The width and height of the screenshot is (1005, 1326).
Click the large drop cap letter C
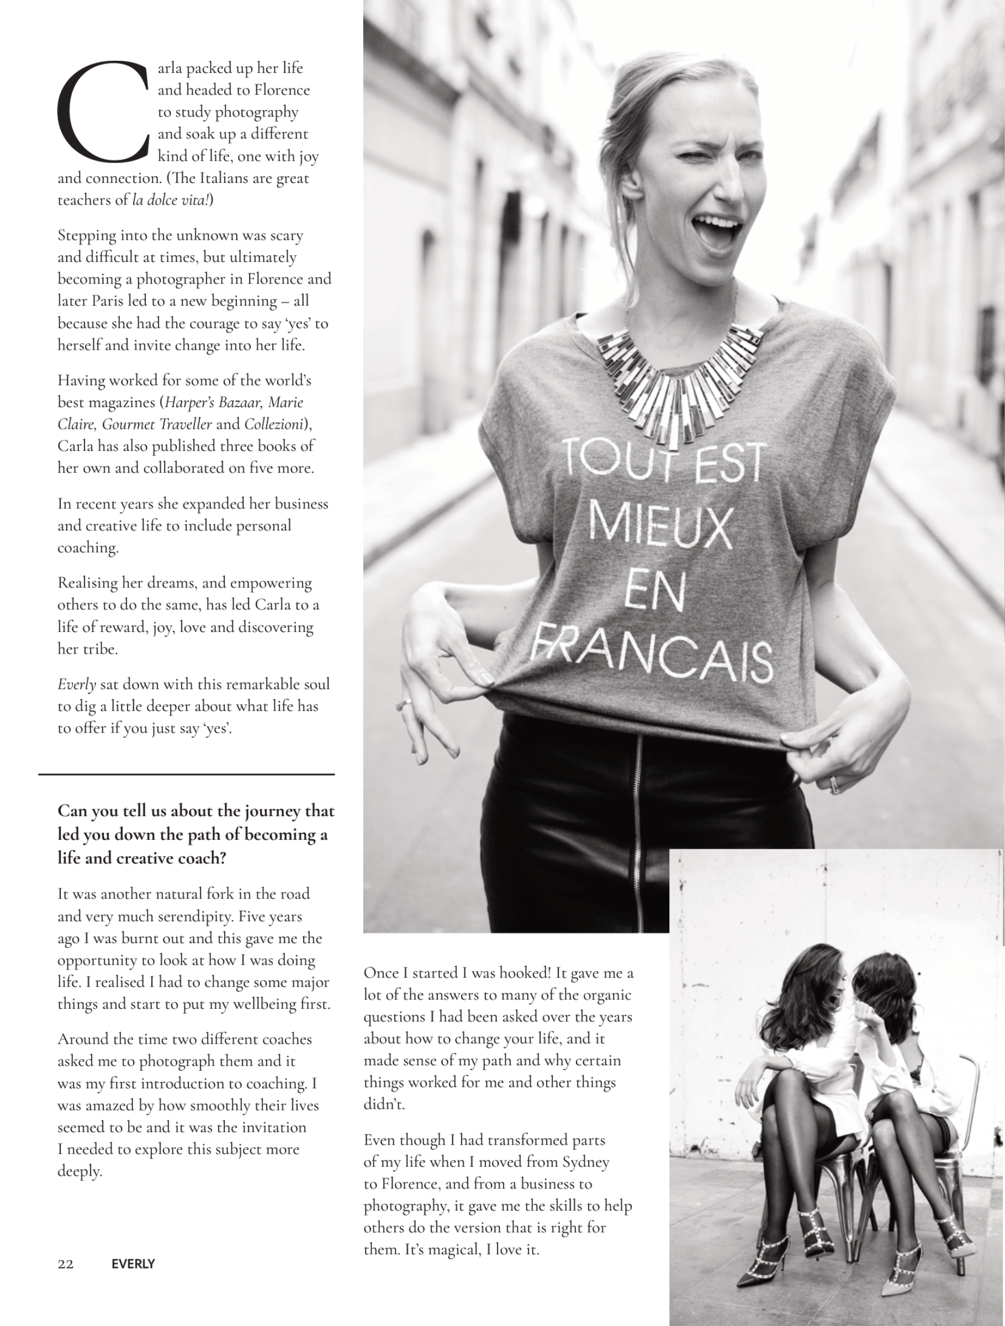coord(102,112)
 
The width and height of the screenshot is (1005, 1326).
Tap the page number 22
coord(65,1264)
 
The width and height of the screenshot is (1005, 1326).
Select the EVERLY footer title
coord(133,1264)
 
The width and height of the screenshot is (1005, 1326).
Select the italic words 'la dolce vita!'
coord(171,199)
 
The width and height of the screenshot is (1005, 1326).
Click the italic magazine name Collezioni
coord(274,424)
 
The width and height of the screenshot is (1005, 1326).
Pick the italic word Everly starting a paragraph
coord(76,685)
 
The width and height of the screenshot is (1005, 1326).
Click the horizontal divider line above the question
coord(187,775)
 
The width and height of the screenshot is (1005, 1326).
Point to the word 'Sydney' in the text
coord(585,1162)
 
